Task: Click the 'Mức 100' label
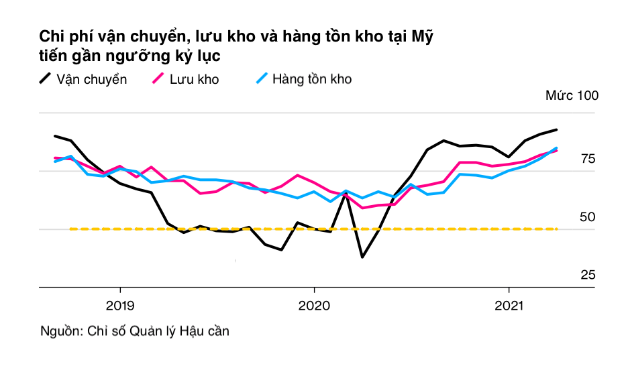[572, 96]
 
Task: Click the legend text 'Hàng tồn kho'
[312, 79]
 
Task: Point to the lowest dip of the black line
[362, 257]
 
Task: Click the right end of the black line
[557, 129]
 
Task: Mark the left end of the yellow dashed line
[70, 229]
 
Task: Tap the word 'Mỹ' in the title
[423, 36]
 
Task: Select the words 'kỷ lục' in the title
[195, 56]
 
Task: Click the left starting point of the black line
[55, 136]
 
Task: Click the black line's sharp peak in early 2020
[346, 192]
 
